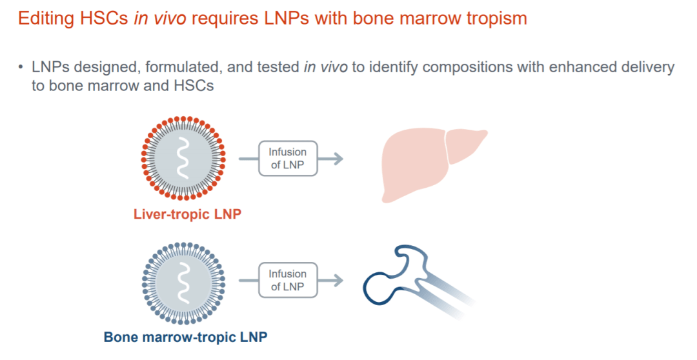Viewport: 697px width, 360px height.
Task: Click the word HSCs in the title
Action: click(x=106, y=18)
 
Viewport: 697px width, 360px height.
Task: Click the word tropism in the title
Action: click(x=494, y=18)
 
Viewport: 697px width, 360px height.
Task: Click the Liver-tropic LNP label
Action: click(x=187, y=214)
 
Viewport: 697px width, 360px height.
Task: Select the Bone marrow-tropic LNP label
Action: click(x=185, y=337)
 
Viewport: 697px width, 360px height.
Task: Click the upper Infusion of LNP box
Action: click(x=288, y=159)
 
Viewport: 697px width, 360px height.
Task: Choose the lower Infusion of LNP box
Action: click(x=288, y=280)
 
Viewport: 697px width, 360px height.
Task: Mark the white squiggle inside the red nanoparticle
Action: click(x=184, y=158)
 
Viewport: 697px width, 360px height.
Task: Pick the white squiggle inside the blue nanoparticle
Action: click(x=184, y=282)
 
